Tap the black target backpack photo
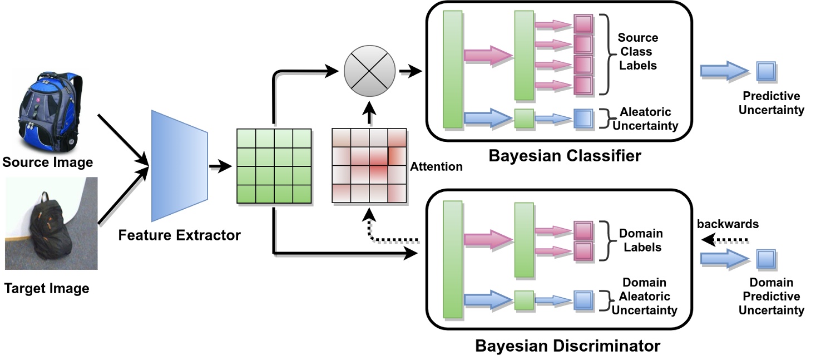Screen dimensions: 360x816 coord(51,224)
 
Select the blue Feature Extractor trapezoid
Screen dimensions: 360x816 coord(179,166)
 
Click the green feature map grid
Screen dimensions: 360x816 coord(274,166)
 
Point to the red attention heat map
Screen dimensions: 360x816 coord(369,166)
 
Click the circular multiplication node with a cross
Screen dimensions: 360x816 coord(369,71)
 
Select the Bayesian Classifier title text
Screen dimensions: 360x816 coord(565,155)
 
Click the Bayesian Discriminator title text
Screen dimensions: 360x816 coord(567,346)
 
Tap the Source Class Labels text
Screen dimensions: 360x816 coord(637,52)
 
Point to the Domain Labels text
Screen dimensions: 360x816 coord(641,240)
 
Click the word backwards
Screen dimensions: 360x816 coord(728,224)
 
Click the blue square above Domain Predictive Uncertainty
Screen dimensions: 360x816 coord(766,259)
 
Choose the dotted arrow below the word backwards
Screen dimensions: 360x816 coord(725,240)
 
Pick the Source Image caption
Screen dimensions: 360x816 coord(47,163)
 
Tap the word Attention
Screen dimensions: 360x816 coord(436,166)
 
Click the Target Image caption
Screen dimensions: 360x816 coord(47,289)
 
